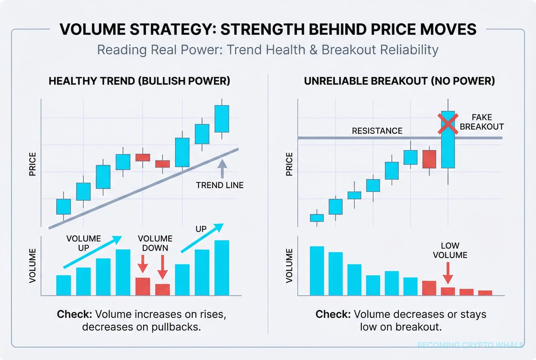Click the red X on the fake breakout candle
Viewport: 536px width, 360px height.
[x=448, y=123]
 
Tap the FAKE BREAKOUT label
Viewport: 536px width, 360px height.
[x=482, y=122]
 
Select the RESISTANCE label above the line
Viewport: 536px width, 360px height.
[x=377, y=131]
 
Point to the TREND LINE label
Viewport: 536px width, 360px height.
[x=219, y=185]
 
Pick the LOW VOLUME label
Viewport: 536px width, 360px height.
[x=450, y=250]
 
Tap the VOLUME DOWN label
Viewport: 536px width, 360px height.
[x=155, y=243]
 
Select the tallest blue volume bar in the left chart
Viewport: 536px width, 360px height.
[x=222, y=268]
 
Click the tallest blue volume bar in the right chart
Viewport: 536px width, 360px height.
[x=317, y=271]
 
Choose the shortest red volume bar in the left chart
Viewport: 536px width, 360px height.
[x=162, y=290]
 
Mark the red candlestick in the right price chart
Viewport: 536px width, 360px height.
[x=429, y=159]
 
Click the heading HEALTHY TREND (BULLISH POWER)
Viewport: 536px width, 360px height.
[x=139, y=81]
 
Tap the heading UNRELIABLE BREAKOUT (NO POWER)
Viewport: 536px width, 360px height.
[x=399, y=81]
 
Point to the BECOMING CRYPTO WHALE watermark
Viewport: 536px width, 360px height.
[x=470, y=345]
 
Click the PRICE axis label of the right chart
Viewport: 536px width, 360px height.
[x=289, y=164]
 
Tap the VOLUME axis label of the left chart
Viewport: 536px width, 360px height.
[x=33, y=265]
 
